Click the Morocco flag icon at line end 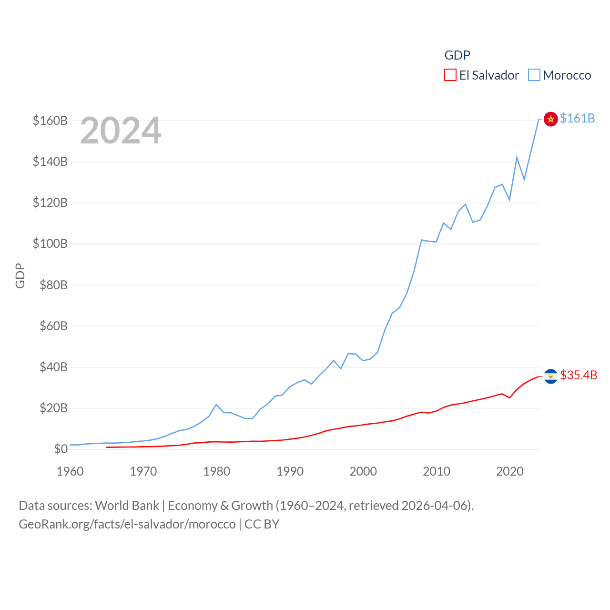click(550, 119)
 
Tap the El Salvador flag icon click(550, 376)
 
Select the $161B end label click(577, 118)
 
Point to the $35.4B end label click(579, 375)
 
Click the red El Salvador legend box click(450, 75)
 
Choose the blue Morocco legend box click(534, 75)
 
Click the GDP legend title click(457, 55)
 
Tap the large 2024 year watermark click(121, 131)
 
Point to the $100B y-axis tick click(50, 244)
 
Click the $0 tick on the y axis click(61, 449)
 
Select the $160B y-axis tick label click(50, 121)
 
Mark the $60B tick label click(50, 326)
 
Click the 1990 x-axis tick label click(290, 471)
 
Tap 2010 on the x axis click(437, 471)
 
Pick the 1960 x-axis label click(70, 471)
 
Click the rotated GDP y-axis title click(20, 275)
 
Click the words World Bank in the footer click(127, 505)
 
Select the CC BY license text click(262, 524)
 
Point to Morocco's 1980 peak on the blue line click(216, 405)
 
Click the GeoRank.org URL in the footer click(127, 524)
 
